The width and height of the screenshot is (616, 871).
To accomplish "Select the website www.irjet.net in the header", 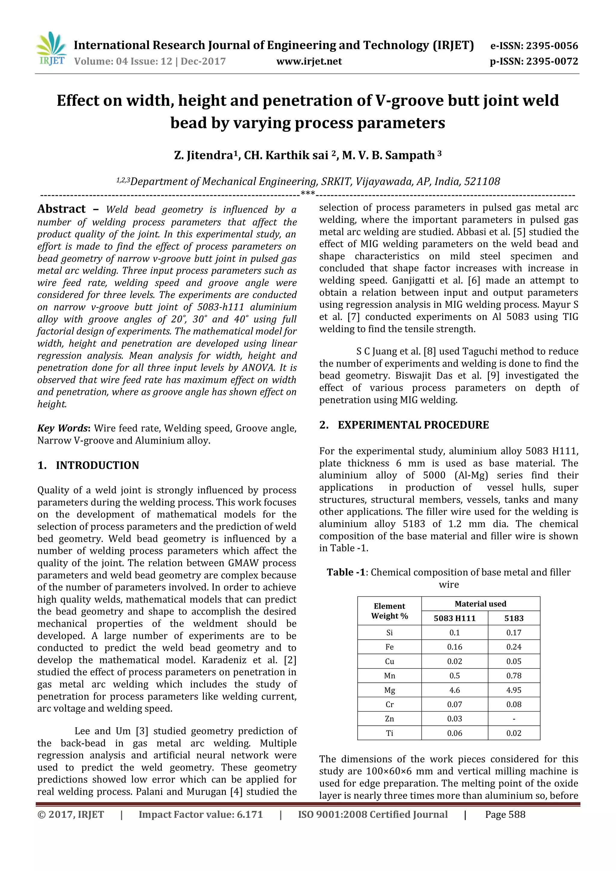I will click(x=309, y=61).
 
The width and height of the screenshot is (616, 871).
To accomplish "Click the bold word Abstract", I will click(x=61, y=209).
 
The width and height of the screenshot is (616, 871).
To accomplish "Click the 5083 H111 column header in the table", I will click(x=454, y=618).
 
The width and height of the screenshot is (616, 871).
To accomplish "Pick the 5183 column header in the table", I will click(x=514, y=618).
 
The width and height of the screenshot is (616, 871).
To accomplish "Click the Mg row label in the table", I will click(x=389, y=690).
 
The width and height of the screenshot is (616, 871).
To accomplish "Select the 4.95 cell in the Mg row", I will click(x=514, y=690).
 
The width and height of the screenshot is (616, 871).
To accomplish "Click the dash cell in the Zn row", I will click(x=514, y=719).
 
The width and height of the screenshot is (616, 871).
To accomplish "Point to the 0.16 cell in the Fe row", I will click(x=454, y=647).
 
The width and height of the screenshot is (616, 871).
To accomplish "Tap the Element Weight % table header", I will click(x=389, y=611).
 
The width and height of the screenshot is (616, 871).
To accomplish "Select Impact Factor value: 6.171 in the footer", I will click(x=201, y=814).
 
